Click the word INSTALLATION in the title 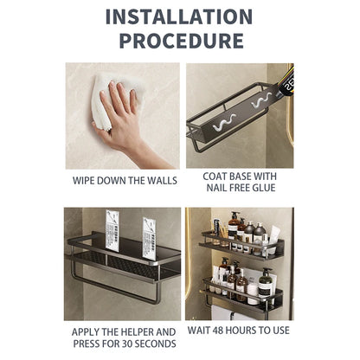[179, 16]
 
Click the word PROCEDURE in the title [179, 41]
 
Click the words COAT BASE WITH [240, 175]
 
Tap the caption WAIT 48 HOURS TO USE [240, 331]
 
